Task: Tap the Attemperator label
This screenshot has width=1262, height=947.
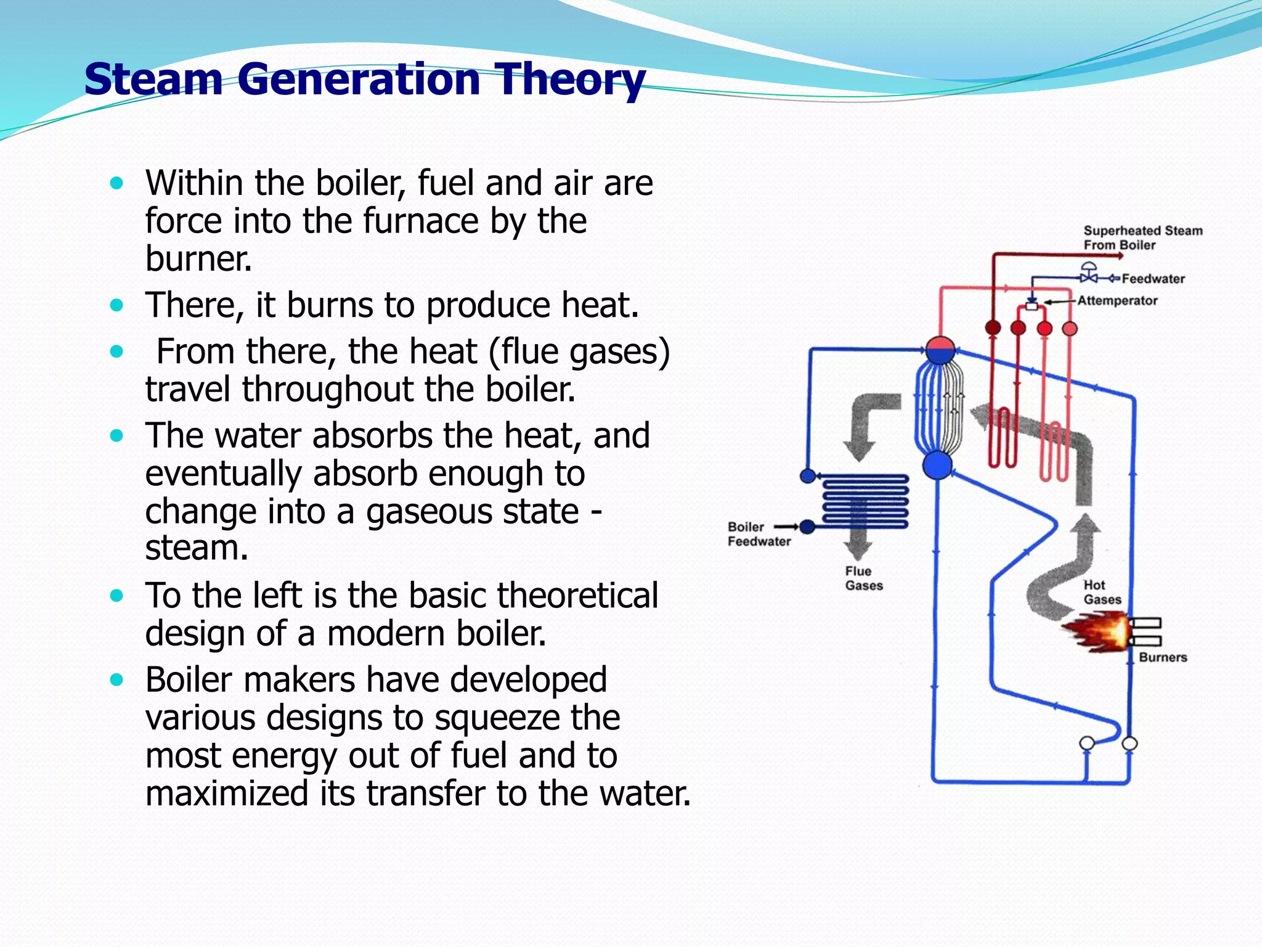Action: (1117, 301)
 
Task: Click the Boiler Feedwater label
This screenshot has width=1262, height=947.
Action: (758, 534)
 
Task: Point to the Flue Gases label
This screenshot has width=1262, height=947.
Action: (863, 578)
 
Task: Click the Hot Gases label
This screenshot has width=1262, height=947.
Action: (1102, 592)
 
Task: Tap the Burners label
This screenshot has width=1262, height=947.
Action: (1162, 657)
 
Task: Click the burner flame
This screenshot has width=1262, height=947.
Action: (1097, 631)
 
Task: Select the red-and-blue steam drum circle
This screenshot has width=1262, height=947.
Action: (940, 351)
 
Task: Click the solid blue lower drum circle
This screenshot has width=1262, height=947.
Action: (937, 465)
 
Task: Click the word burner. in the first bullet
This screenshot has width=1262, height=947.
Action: (198, 259)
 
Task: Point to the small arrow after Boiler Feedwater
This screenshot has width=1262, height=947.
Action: (786, 527)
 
